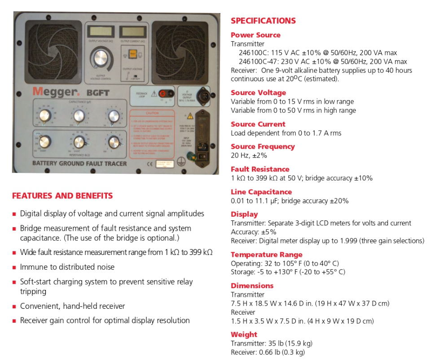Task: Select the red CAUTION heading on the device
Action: coord(153,114)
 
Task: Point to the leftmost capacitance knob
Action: coord(44,115)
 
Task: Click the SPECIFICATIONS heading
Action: coord(263,21)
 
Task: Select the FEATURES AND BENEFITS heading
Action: coord(62,196)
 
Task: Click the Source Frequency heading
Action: coord(263,147)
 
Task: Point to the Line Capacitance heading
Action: coord(261,192)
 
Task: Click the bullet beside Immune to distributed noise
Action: coord(15,267)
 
